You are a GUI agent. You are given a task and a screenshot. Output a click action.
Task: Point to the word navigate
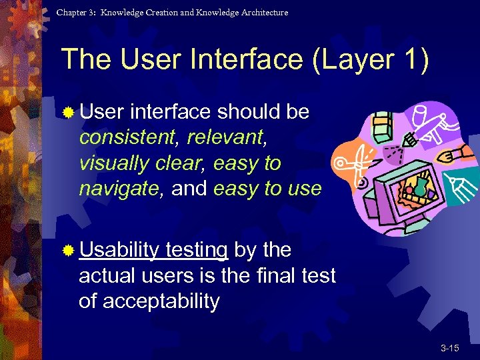click(119, 189)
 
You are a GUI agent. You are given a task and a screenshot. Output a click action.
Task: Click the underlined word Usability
click(119, 249)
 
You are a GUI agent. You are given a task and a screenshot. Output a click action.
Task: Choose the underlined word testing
click(197, 249)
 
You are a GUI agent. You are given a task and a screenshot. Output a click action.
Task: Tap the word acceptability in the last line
click(149, 301)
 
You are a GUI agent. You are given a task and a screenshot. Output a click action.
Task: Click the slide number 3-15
click(449, 348)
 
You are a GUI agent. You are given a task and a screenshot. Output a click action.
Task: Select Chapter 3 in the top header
click(75, 13)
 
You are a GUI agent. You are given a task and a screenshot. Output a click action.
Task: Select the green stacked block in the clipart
click(381, 125)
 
